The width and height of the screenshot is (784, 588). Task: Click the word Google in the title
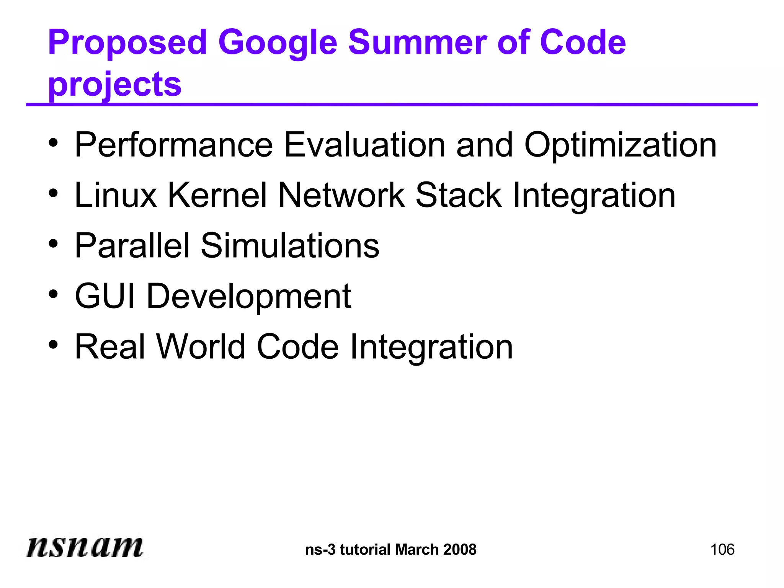coord(278,43)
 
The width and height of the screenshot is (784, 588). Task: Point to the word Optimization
coord(620,145)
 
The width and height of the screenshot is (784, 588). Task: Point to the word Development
coord(249,297)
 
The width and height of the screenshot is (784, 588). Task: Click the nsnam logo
coord(85,547)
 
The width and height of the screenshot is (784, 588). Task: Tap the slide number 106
coord(722,550)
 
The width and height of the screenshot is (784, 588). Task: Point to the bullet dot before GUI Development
coord(53,295)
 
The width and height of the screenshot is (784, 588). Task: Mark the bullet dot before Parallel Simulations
coord(53,244)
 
